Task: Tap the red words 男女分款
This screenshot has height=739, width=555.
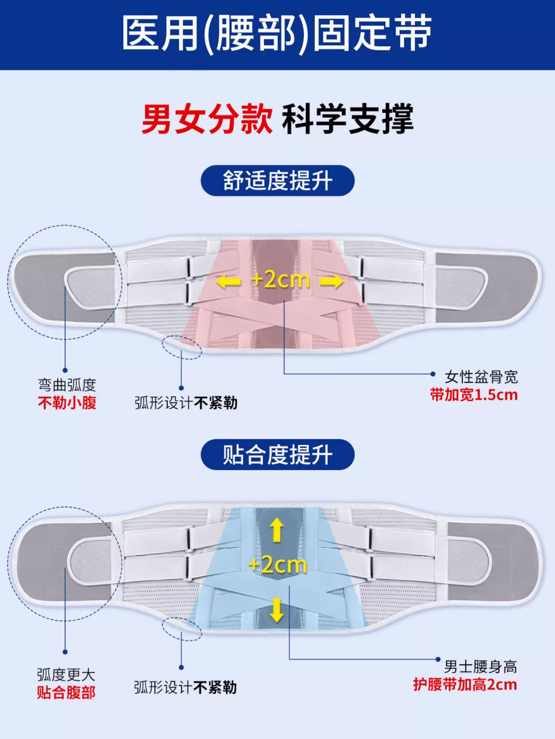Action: tap(207, 119)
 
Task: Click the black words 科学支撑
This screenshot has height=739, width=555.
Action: tap(347, 119)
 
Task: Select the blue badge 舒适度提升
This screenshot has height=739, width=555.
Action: tap(277, 180)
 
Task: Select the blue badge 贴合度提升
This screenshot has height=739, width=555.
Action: tap(277, 455)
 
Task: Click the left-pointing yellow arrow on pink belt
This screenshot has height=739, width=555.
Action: tap(228, 282)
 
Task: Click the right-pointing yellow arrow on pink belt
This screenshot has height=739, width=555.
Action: tap(332, 282)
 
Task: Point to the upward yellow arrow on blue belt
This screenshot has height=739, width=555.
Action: tap(277, 530)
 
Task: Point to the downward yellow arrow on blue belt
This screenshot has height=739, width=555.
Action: tap(277, 610)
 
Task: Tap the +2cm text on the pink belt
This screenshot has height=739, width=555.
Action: tap(280, 280)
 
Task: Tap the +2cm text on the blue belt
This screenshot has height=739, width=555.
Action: tap(277, 565)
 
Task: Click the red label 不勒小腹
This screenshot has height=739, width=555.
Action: tap(67, 402)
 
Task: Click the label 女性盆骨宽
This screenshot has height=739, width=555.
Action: tap(481, 377)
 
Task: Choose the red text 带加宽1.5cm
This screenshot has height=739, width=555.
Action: tap(474, 395)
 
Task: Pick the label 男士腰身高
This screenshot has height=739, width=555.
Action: tap(480, 667)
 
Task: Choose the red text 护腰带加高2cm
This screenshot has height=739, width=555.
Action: tap(465, 685)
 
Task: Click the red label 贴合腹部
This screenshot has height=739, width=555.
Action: tap(66, 692)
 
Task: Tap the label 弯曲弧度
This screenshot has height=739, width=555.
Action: tap(67, 385)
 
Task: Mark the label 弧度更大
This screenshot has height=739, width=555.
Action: tap(66, 675)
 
